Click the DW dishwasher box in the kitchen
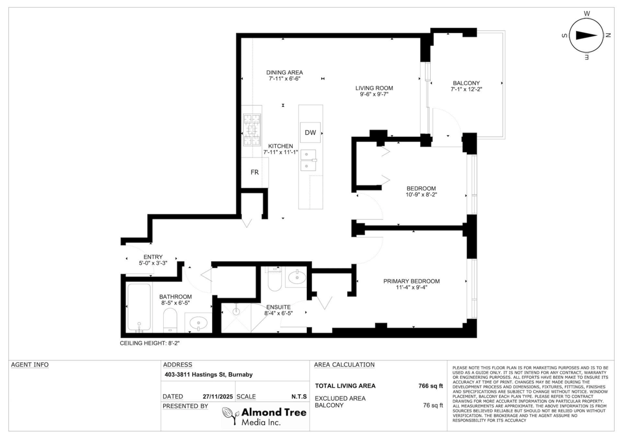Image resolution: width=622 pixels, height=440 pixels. click(310, 132)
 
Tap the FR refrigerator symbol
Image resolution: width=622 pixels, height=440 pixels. click(255, 173)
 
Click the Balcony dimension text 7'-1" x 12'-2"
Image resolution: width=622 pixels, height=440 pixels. click(466, 90)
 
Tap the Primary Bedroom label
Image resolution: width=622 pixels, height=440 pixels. click(411, 281)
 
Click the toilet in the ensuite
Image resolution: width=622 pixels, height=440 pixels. click(274, 280)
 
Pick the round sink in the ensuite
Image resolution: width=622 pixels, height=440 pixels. click(296, 278)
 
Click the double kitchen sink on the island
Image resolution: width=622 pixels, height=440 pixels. click(308, 160)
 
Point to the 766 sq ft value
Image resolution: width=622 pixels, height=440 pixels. click(430, 386)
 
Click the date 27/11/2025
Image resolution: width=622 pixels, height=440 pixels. click(218, 396)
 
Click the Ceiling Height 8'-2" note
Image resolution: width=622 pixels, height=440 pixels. click(150, 343)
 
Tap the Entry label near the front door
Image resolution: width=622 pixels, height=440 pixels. click(153, 257)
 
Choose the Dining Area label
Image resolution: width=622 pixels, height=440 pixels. click(285, 73)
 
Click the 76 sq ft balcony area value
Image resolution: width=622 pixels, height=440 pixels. click(433, 405)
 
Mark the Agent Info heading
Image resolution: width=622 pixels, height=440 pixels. click(30, 365)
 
